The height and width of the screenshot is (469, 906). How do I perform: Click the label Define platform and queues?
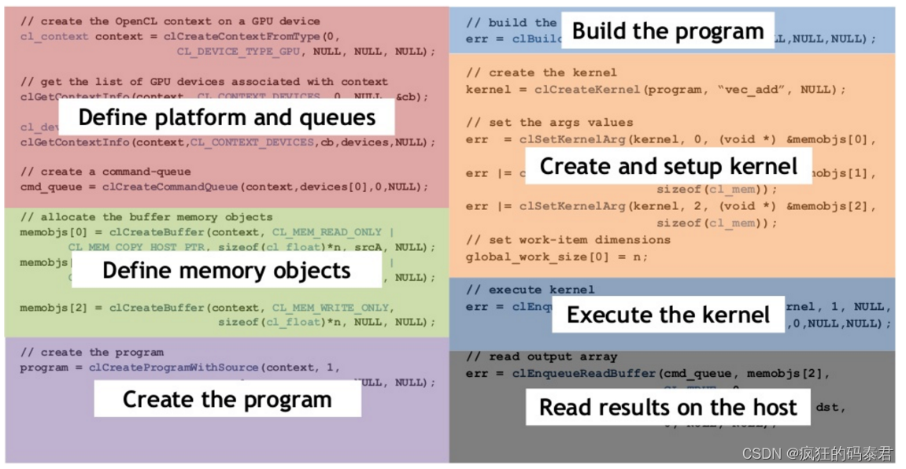(x=227, y=117)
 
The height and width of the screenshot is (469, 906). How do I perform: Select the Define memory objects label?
(x=227, y=271)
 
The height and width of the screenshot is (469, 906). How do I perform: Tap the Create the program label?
(x=227, y=399)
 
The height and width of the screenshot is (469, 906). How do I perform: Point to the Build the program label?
(x=667, y=31)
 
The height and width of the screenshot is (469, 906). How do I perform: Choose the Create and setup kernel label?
(x=668, y=166)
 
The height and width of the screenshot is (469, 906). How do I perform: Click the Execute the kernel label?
(x=667, y=315)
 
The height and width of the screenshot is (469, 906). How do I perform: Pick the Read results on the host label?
(x=667, y=407)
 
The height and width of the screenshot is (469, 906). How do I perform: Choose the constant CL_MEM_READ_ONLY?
(x=327, y=232)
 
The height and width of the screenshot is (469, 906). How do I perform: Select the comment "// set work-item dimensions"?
(x=568, y=240)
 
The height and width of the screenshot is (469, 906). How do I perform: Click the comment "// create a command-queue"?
(x=105, y=172)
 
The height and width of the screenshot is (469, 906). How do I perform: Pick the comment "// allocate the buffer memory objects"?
(x=146, y=217)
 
